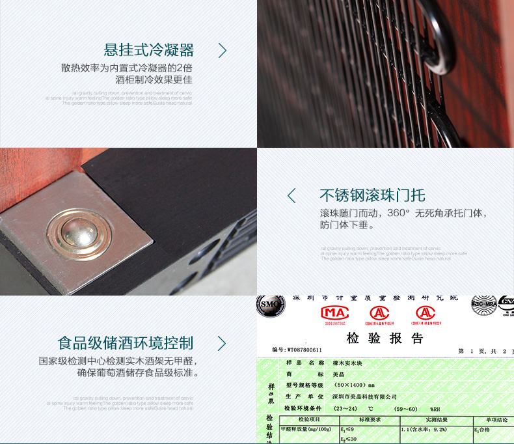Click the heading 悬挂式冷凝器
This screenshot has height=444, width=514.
pos(149,50)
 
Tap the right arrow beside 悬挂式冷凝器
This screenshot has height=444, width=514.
pos(222,50)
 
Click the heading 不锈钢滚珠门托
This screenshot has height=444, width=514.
pos(372,195)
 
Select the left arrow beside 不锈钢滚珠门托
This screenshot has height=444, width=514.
pos(291,195)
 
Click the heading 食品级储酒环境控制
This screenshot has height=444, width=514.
pos(126,343)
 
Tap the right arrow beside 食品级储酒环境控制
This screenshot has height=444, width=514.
pos(222,343)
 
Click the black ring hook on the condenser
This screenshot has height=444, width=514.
pos(438,39)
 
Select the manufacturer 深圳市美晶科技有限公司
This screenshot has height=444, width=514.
pos(365,396)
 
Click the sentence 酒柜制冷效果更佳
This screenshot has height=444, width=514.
pos(154,81)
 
